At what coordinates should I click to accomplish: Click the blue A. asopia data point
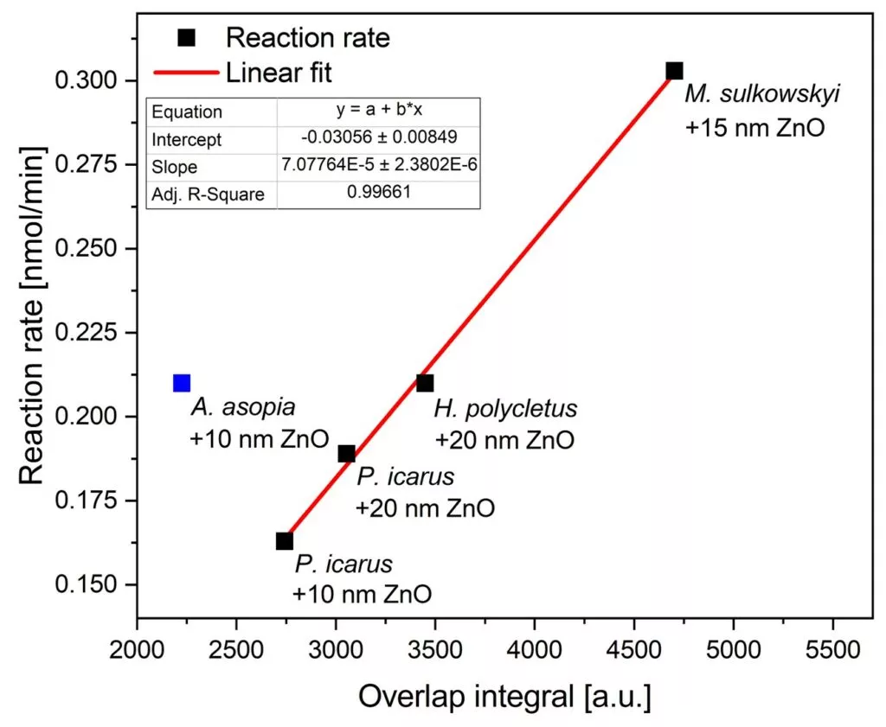(182, 383)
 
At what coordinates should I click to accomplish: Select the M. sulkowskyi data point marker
(675, 71)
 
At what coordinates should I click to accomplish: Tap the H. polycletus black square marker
(425, 383)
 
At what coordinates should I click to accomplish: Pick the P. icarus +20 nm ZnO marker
(347, 454)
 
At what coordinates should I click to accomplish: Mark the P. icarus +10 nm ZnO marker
(285, 541)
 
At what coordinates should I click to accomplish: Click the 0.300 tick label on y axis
(93, 81)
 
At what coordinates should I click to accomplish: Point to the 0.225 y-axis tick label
(93, 333)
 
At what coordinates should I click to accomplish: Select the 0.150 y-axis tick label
(93, 585)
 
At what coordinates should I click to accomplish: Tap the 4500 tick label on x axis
(634, 647)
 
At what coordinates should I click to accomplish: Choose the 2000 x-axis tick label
(137, 647)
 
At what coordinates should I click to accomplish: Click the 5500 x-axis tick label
(832, 647)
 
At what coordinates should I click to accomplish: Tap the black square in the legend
(186, 38)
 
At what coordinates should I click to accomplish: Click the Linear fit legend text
(279, 71)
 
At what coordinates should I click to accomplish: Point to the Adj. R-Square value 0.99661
(378, 194)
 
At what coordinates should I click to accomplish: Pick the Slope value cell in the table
(378, 167)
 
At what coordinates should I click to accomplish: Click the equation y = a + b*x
(378, 112)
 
